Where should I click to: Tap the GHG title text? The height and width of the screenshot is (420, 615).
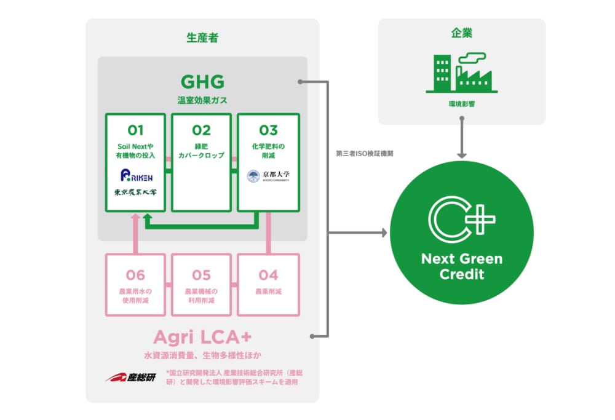point(202,81)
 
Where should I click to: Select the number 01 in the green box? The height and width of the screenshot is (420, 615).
point(135,130)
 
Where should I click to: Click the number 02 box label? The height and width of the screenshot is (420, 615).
point(201,130)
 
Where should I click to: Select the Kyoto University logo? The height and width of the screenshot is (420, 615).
point(268,176)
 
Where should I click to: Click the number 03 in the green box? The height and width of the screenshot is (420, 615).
point(268,130)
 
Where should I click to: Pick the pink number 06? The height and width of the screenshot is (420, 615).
point(135,275)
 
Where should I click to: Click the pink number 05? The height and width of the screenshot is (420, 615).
point(201,275)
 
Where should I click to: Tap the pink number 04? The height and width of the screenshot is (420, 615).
point(268,275)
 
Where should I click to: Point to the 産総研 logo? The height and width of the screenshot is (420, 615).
point(130,377)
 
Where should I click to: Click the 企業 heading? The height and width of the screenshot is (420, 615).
point(461,34)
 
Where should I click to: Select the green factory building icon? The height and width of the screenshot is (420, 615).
point(461,73)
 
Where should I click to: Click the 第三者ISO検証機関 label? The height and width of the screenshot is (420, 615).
point(365,153)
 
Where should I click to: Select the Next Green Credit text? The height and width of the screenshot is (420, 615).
point(461,266)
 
